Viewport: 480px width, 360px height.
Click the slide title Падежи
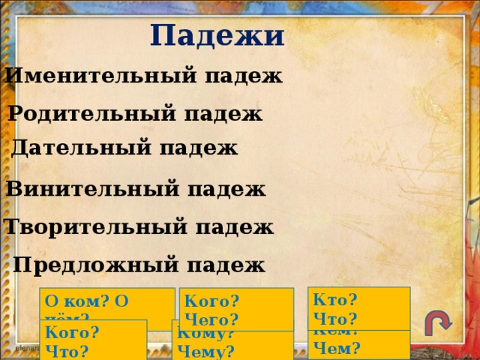[217, 35]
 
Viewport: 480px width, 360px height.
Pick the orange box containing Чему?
[232, 344]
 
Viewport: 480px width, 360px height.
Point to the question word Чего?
[211, 319]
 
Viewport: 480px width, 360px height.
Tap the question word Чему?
[209, 351]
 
